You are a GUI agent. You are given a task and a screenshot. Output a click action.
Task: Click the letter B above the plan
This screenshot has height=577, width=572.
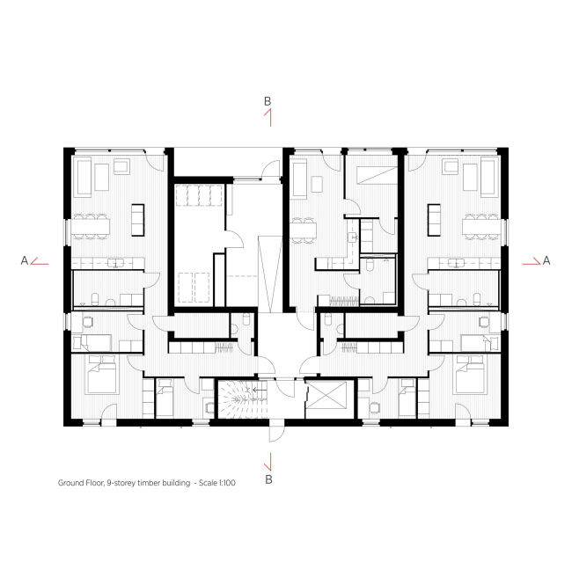268,101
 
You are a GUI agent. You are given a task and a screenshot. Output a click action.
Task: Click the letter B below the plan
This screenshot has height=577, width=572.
268,479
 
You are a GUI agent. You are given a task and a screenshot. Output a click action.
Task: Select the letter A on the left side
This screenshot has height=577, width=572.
25,260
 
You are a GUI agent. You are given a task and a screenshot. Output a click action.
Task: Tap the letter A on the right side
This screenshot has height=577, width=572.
546,260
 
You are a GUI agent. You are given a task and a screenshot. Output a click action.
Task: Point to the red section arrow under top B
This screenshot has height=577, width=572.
268,117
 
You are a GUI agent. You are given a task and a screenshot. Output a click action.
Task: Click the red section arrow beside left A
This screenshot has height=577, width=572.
40,261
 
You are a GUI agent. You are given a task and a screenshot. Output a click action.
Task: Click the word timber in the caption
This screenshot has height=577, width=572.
149,482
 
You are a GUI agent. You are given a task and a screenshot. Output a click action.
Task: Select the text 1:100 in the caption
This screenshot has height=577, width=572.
227,482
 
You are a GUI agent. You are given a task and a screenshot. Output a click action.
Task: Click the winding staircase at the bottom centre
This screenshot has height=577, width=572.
242,399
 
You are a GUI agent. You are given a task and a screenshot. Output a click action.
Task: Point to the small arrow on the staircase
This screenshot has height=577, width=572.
260,390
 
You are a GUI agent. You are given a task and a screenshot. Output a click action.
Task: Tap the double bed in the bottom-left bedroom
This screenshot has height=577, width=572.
102,374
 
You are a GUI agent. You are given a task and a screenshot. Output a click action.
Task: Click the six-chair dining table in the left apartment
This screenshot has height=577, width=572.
91,226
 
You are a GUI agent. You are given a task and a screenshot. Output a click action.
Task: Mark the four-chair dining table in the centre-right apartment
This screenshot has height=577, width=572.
304,230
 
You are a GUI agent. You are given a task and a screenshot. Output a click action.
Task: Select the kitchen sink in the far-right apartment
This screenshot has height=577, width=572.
456,263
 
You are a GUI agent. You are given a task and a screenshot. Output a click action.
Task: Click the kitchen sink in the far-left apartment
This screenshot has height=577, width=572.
116,263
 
